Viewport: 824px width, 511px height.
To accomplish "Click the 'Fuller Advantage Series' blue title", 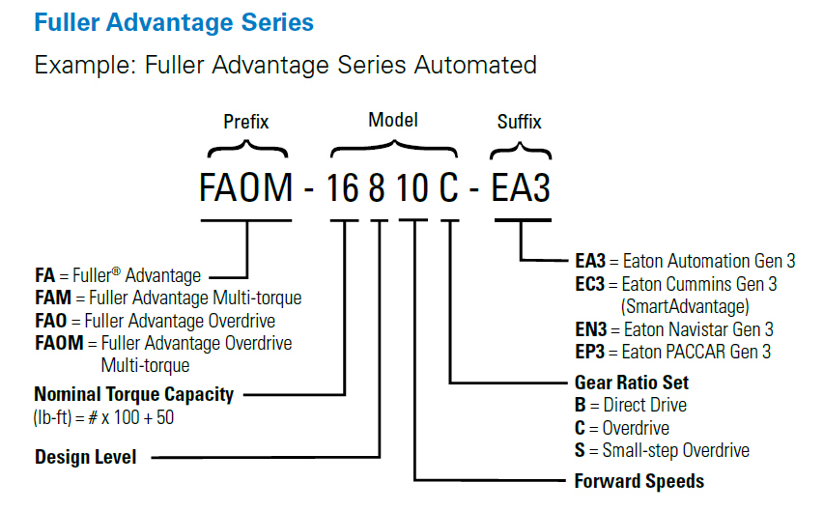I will click(x=174, y=22).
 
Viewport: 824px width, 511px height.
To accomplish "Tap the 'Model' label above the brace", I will click(x=393, y=121).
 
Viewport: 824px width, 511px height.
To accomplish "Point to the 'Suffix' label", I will click(x=519, y=123).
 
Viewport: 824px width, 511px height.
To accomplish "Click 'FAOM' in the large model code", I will click(x=245, y=186).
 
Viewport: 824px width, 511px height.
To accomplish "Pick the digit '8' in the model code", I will click(x=380, y=186).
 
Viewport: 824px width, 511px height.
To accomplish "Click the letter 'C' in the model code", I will click(x=449, y=186).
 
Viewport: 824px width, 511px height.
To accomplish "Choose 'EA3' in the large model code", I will click(x=521, y=186).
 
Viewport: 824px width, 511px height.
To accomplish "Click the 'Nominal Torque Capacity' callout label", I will click(x=133, y=394).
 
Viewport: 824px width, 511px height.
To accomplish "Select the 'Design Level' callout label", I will click(x=86, y=457).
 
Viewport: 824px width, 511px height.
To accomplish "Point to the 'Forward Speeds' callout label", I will click(x=639, y=480).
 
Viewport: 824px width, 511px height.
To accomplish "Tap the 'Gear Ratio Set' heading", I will click(x=631, y=382).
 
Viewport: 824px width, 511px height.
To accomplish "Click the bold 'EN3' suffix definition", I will click(x=590, y=330).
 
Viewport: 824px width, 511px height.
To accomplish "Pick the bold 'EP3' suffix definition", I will click(x=590, y=353).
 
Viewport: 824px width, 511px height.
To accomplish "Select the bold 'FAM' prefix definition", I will click(x=52, y=298).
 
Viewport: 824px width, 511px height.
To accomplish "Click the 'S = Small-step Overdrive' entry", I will click(x=662, y=450).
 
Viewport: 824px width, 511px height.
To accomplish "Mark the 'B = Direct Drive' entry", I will click(x=631, y=405).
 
